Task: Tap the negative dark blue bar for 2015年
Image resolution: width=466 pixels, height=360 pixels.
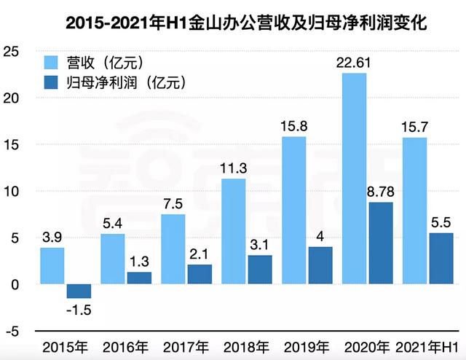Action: pos(79,291)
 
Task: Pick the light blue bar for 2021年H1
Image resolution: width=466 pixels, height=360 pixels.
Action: pos(414,211)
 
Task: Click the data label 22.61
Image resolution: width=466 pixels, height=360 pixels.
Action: pos(354,63)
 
